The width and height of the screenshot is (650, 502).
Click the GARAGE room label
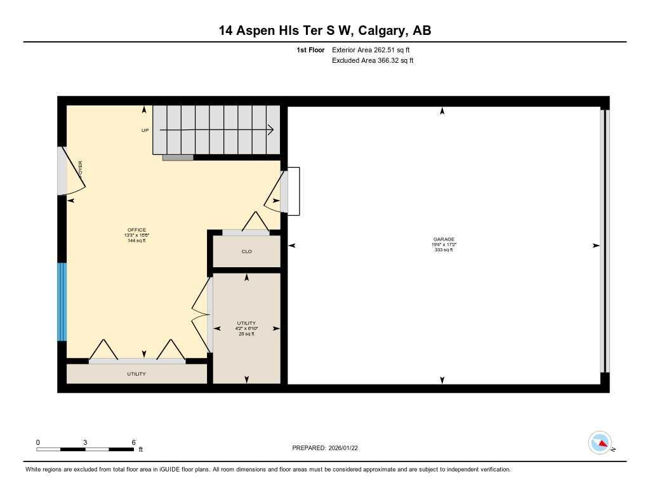coord(444,239)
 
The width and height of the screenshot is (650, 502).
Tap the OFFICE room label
coord(136,230)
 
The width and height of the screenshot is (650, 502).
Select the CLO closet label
coord(246,251)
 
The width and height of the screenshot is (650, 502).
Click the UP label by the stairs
coord(145,130)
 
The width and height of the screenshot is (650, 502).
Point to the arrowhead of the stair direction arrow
coord(271,130)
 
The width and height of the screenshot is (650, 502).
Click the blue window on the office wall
coord(62,302)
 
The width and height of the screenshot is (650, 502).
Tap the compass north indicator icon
coord(600,442)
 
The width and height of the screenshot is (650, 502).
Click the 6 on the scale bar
coord(133,442)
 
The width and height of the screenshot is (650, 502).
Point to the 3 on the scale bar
coord(84,442)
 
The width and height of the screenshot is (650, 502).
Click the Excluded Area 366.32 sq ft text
coord(373,61)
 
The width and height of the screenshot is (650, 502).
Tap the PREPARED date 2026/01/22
coord(329,448)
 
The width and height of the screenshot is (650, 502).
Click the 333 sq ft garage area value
coord(444,250)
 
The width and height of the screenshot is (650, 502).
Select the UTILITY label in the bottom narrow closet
coord(136,374)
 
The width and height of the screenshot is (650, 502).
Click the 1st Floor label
coord(310,50)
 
